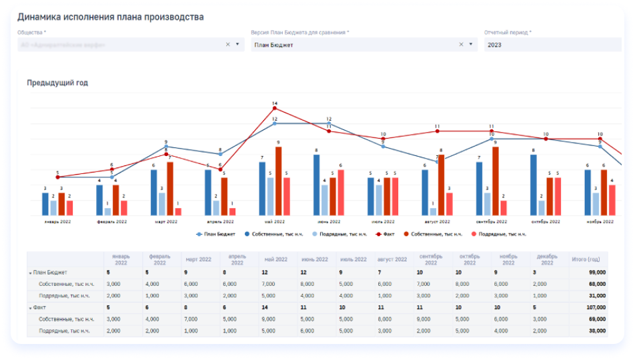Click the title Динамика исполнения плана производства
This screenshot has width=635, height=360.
point(110,17)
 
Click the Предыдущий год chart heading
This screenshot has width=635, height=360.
point(57,83)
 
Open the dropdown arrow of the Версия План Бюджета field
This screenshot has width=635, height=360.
point(471,45)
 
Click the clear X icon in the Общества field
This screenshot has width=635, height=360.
point(227,45)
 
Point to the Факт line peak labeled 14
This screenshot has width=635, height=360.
point(274,108)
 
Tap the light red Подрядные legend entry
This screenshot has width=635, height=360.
point(498,234)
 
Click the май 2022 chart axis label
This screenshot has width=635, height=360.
point(274,221)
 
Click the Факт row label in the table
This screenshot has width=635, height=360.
point(39,308)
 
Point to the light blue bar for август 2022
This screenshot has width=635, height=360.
point(433,211)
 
